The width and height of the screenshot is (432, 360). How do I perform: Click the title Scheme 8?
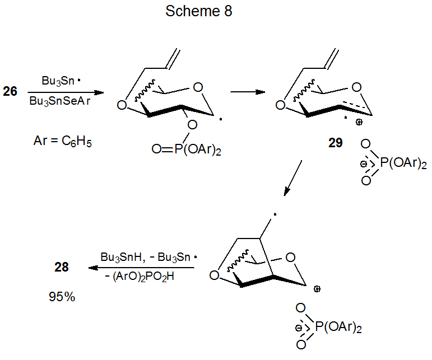(198, 12)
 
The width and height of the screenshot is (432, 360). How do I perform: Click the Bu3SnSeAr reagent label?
(62, 102)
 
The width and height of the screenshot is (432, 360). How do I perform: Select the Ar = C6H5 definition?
(63, 142)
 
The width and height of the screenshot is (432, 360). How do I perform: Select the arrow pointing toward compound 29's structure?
(248, 92)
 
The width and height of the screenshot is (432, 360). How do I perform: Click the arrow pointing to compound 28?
(140, 267)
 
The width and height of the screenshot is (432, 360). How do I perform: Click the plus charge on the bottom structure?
(317, 289)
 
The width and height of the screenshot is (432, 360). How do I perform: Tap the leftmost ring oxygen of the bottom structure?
(213, 275)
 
